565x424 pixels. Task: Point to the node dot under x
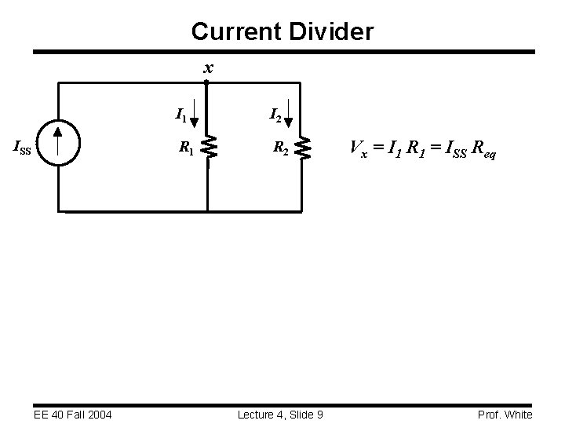tap(206, 82)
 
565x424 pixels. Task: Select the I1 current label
tap(180, 117)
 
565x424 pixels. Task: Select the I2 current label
tap(276, 116)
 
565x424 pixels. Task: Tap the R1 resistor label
tap(187, 146)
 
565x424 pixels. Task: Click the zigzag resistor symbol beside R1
tap(208, 147)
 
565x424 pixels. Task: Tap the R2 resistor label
tap(281, 146)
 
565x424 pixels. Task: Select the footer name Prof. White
tap(504, 414)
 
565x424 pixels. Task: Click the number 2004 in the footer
tap(98, 414)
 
